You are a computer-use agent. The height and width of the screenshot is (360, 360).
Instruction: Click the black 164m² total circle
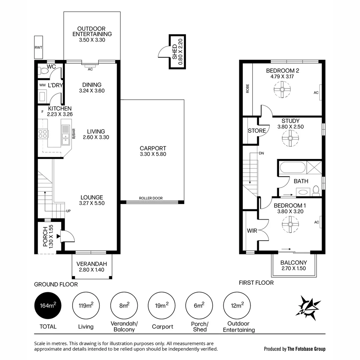[x=48, y=306]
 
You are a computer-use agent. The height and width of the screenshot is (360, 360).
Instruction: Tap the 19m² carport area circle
[x=162, y=306]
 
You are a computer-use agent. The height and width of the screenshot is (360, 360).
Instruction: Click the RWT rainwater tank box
[x=38, y=47]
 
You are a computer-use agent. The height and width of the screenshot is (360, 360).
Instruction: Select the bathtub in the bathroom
[x=292, y=167]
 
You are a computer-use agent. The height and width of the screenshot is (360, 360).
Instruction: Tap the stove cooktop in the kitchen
[x=43, y=134]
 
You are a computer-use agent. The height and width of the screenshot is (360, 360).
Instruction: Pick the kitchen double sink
[x=66, y=135]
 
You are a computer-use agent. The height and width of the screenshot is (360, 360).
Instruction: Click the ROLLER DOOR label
[x=151, y=198]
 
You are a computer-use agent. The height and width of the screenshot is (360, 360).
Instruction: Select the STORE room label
[x=257, y=131]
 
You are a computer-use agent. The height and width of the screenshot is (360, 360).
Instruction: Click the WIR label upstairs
[x=252, y=230]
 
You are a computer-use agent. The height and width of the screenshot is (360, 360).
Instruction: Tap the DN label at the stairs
[x=261, y=153]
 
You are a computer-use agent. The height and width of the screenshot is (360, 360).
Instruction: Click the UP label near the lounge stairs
[x=68, y=211]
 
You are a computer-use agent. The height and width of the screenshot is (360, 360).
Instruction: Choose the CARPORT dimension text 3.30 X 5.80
[x=153, y=154]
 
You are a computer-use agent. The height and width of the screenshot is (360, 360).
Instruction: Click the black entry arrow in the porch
[x=58, y=236]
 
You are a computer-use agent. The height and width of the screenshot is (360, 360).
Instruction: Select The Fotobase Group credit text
[x=306, y=349]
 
